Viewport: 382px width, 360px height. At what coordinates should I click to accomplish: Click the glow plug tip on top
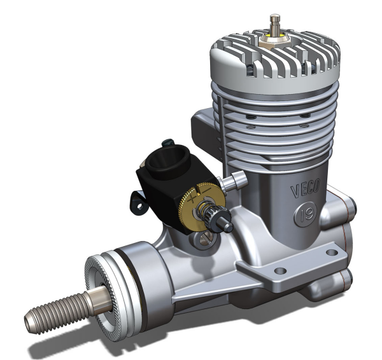pyautogui.click(x=275, y=19)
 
